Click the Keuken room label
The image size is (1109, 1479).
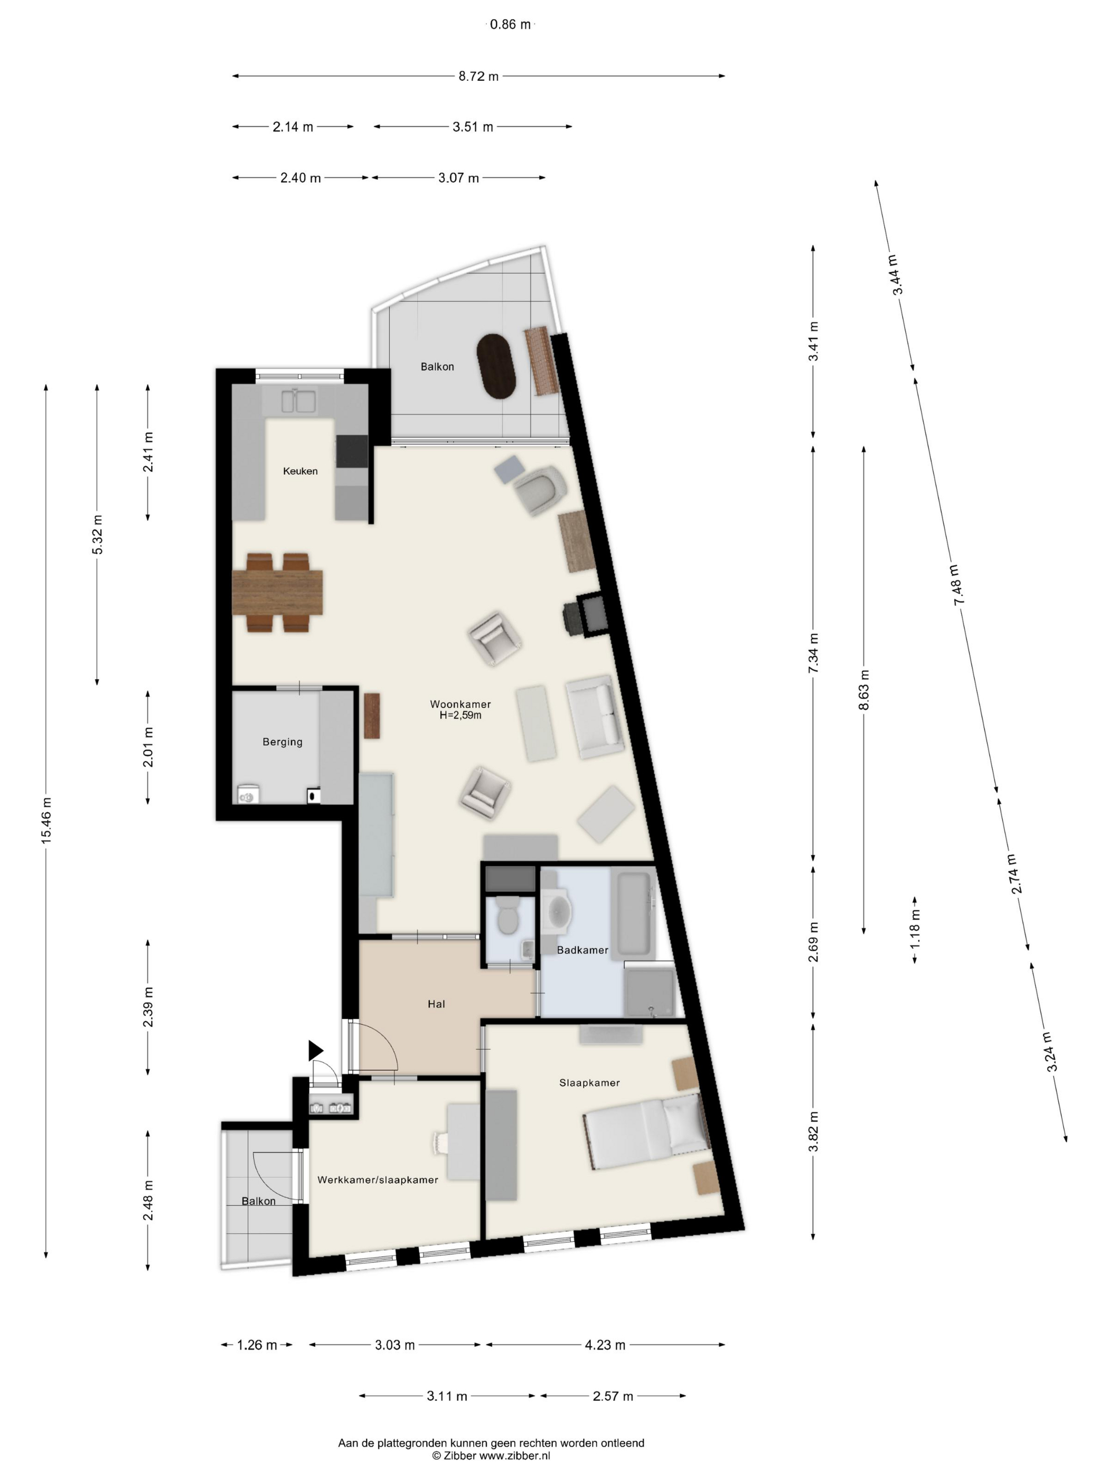300,471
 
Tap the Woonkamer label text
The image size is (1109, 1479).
460,704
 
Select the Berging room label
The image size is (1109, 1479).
282,742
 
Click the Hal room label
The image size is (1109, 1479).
436,1004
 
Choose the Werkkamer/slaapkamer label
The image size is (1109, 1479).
378,1180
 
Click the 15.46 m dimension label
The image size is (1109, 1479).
46,820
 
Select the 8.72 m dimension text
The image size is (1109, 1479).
478,76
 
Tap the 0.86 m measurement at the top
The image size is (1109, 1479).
510,25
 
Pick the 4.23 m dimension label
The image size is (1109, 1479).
605,1345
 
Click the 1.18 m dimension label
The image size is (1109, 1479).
915,929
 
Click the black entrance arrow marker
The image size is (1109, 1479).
315,1051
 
